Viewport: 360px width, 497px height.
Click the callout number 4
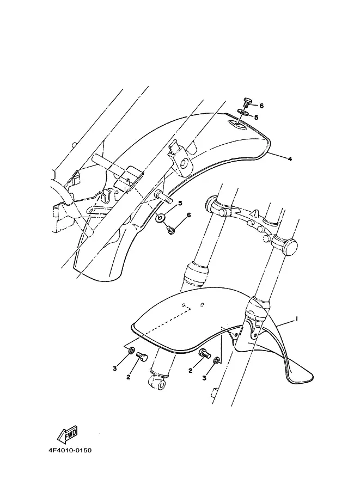click(290, 159)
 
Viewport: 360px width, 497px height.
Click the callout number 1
click(297, 319)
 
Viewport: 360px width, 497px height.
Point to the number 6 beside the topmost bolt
click(261, 106)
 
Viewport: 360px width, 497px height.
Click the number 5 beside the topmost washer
click(256, 116)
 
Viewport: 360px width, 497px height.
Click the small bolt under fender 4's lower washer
click(171, 230)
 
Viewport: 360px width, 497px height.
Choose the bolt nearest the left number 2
click(143, 358)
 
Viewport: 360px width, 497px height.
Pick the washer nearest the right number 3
click(216, 360)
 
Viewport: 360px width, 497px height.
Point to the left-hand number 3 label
click(114, 369)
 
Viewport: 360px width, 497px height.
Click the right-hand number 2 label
click(191, 371)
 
